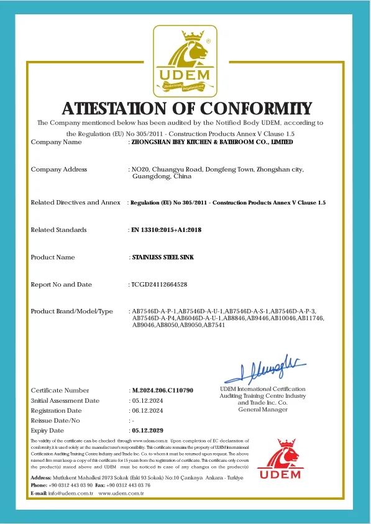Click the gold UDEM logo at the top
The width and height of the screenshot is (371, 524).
click(185, 59)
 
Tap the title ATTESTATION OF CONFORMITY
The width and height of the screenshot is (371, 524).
click(185, 108)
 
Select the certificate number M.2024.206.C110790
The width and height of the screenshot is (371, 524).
click(163, 390)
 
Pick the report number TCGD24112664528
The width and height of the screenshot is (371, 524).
click(159, 284)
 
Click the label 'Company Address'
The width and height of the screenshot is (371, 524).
click(59, 169)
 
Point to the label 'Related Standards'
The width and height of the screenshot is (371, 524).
click(58, 230)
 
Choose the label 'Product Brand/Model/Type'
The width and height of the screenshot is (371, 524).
click(72, 311)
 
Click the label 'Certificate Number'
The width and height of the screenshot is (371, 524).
click(60, 390)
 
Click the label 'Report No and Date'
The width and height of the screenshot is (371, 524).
click(62, 284)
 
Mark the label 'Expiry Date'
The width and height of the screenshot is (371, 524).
click(47, 430)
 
